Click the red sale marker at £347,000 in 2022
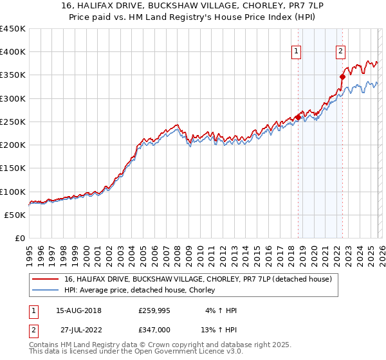coord(343,76)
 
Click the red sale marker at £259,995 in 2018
coord(298,117)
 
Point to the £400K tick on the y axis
coord(13,52)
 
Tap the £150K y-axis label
coord(13,168)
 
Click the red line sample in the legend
coord(46,280)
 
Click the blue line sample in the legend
coord(46,291)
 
